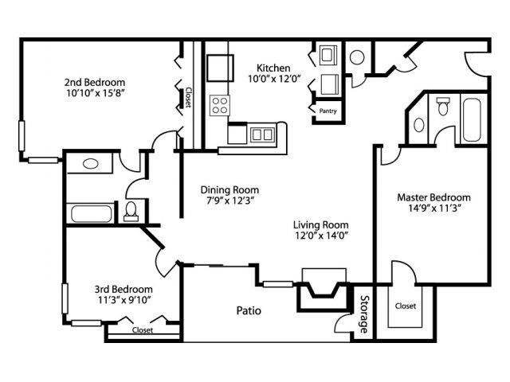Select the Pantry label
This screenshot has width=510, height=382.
pos(327,111)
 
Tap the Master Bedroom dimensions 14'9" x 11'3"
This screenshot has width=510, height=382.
pos(433,210)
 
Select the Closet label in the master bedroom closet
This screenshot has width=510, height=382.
pos(405,305)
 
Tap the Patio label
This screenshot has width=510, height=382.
pos(249,310)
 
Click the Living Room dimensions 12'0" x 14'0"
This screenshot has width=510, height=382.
pos(321,236)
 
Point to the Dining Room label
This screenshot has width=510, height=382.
pos(229,190)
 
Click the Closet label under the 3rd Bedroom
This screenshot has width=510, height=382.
pos(143,329)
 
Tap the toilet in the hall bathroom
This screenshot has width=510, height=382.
pos(132,210)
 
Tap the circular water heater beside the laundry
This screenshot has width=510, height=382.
pos(357,57)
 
